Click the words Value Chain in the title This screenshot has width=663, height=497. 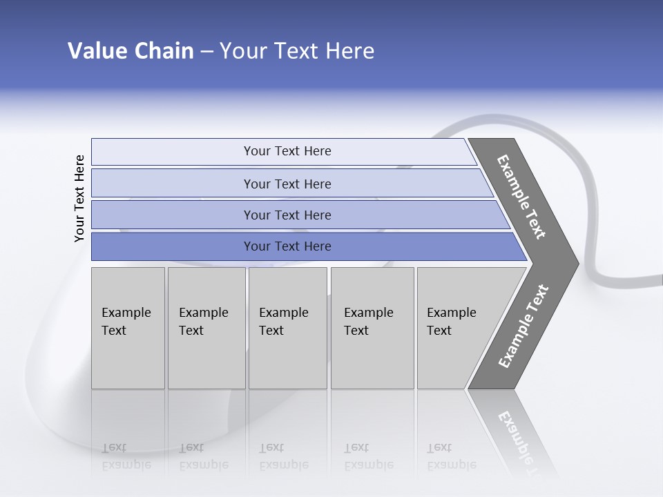coord(131,51)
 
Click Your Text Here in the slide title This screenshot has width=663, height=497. coord(297,51)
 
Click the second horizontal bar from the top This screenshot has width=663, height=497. coord(287,184)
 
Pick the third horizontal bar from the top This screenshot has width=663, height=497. coord(287,215)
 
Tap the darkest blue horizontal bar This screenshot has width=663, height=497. coord(287,246)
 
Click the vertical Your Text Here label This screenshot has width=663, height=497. coord(79,198)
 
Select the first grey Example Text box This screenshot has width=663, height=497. coord(128,327)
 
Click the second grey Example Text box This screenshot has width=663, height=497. coord(206,327)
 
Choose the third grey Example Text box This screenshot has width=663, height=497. coord(287,327)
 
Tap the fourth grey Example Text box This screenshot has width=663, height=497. coord(372,327)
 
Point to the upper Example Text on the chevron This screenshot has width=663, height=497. coord(521,197)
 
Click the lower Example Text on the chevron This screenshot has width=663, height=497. coord(523,327)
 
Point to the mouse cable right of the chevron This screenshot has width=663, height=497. coord(611,280)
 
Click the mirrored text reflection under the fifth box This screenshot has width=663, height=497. coord(450,458)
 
